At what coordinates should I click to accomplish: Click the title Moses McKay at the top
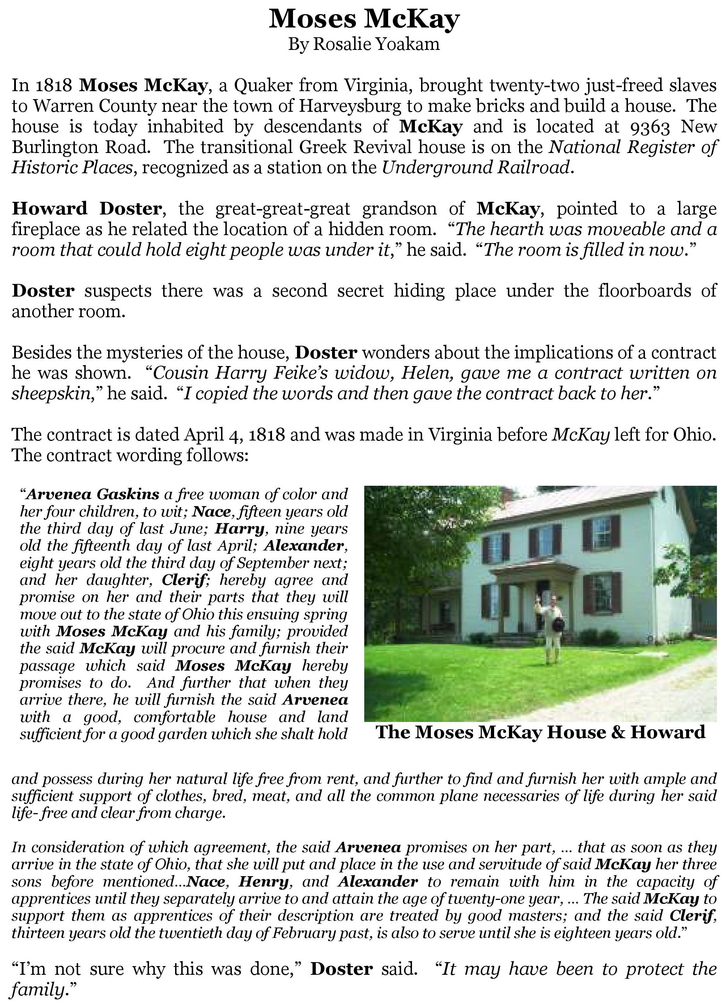(x=364, y=20)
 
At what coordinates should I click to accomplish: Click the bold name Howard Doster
(x=87, y=209)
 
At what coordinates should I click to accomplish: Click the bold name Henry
(x=263, y=882)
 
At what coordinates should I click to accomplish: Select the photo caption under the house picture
(x=540, y=732)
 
